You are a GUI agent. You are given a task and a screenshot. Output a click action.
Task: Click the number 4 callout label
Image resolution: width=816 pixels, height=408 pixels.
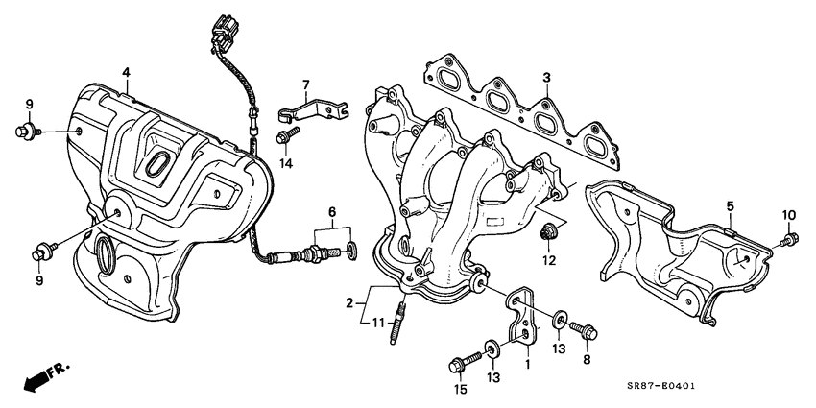click(125, 72)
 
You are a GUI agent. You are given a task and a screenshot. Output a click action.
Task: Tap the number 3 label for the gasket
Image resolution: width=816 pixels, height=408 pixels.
click(545, 77)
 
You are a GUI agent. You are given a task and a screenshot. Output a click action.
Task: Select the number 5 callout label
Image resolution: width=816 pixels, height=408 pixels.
click(730, 205)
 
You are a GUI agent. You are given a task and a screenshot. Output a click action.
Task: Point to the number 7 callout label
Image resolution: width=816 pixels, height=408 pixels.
click(306, 84)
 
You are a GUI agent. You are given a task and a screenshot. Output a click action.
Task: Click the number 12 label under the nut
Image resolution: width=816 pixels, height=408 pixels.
click(549, 260)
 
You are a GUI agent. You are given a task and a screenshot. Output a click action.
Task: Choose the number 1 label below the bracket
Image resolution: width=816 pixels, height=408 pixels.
click(526, 365)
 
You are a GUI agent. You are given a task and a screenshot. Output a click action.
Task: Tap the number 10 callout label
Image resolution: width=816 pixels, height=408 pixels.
click(790, 214)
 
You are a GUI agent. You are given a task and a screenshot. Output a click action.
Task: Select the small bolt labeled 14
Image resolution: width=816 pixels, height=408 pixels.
click(283, 137)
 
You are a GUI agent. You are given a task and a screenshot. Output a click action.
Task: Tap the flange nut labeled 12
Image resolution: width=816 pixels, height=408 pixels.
click(549, 232)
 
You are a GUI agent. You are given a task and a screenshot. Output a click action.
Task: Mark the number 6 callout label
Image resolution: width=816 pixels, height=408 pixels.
click(331, 211)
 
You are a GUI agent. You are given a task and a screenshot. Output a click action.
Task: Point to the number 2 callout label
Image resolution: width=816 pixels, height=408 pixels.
click(350, 302)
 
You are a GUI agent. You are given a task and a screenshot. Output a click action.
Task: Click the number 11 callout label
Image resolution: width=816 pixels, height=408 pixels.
click(377, 322)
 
